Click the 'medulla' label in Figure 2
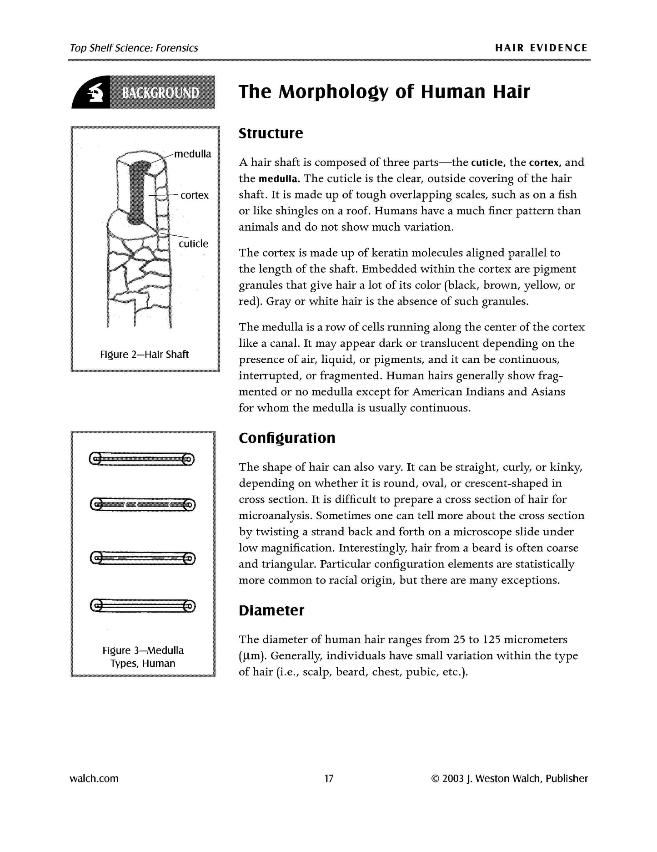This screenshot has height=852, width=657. tap(193, 154)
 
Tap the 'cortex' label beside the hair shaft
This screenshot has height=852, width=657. tap(194, 195)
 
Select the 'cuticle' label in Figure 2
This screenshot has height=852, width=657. tap(193, 243)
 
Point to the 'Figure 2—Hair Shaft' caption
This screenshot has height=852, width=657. tap(144, 355)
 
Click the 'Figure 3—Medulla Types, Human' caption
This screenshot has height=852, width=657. tap(143, 657)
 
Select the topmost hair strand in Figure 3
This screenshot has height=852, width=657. tap(142, 459)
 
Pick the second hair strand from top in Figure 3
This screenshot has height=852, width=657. tap(142, 504)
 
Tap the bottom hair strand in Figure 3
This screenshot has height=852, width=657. tap(142, 606)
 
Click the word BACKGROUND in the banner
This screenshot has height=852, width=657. tap(160, 93)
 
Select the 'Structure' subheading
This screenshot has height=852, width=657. tap(271, 133)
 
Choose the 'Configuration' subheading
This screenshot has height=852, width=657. tap(287, 438)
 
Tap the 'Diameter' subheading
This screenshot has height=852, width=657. tap(271, 610)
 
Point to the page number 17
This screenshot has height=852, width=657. tap(329, 778)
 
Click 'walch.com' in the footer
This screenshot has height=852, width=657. tap(94, 778)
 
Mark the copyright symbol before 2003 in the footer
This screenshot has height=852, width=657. tap(434, 779)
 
